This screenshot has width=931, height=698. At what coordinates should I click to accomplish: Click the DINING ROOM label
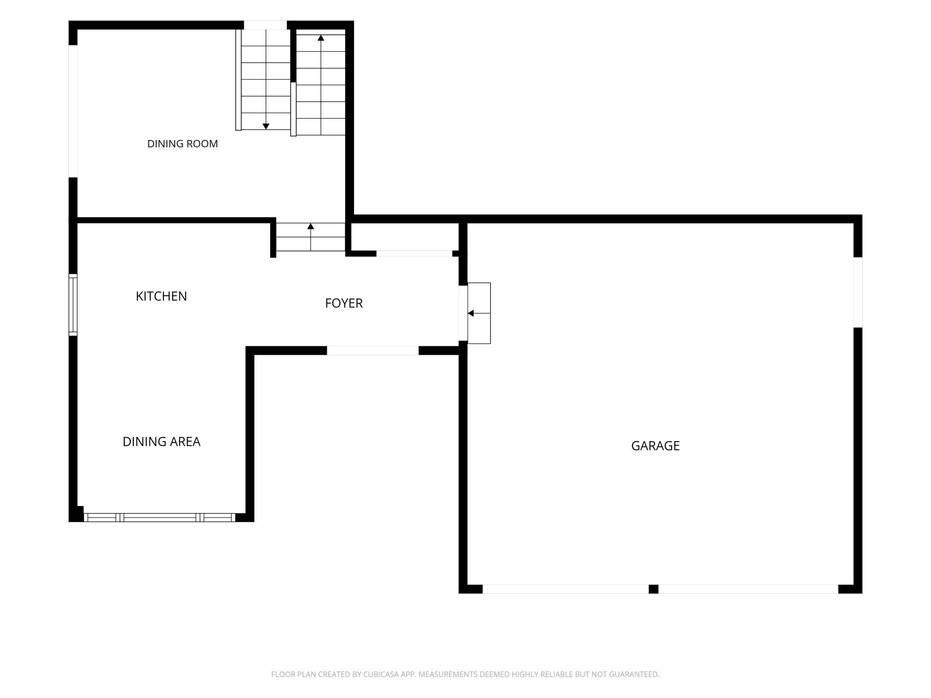183,144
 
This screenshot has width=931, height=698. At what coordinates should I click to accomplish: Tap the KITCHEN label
161,296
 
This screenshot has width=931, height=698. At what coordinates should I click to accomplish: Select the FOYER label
344,303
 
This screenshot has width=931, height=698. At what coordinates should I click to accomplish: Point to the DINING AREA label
161,442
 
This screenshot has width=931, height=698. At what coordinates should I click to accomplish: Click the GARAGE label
655,446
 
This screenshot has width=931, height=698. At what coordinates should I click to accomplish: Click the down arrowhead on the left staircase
266,127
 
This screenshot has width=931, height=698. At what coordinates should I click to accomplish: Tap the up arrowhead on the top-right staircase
321,38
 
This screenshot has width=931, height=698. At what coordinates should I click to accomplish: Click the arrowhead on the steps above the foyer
311,226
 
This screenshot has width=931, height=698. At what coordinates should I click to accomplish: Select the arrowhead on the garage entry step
471,313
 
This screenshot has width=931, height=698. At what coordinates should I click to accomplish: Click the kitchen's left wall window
73,305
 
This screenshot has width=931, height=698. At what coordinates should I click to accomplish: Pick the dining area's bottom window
160,518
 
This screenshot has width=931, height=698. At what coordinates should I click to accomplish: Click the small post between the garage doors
653,589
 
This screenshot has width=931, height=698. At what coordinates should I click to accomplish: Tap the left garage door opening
565,589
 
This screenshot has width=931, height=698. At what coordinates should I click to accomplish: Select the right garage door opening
748,589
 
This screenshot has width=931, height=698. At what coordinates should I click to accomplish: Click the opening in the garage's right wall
858,293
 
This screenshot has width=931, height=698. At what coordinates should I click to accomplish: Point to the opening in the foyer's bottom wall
373,351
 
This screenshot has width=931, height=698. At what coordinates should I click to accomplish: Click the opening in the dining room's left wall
73,111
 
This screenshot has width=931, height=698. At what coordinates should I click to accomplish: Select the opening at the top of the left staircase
265,25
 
